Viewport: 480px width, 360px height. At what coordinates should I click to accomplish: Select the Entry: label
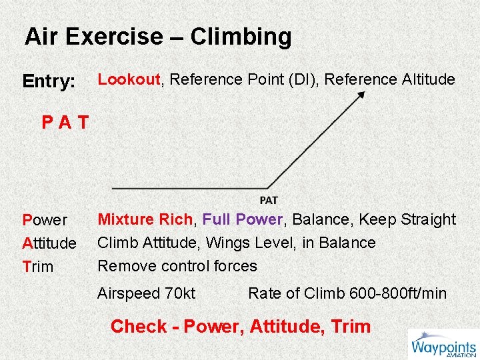click(49, 81)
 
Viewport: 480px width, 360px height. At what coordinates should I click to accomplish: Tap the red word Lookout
click(129, 79)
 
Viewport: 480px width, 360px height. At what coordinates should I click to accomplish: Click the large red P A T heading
click(65, 123)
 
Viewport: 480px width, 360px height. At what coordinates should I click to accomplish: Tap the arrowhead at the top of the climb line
click(361, 95)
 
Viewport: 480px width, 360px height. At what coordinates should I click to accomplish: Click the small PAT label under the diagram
click(269, 200)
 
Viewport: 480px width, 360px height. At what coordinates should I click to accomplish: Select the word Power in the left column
click(45, 220)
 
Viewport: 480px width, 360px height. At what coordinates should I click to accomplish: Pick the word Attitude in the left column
click(49, 243)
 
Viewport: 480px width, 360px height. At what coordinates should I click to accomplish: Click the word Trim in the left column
click(37, 267)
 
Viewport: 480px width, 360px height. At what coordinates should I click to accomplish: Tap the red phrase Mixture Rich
click(145, 219)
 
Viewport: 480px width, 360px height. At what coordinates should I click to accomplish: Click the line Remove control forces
click(177, 266)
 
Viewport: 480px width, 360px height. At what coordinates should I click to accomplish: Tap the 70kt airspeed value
click(180, 293)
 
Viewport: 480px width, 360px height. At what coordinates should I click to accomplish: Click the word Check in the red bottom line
click(139, 327)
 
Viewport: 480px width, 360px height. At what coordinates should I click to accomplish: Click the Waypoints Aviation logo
click(443, 345)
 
